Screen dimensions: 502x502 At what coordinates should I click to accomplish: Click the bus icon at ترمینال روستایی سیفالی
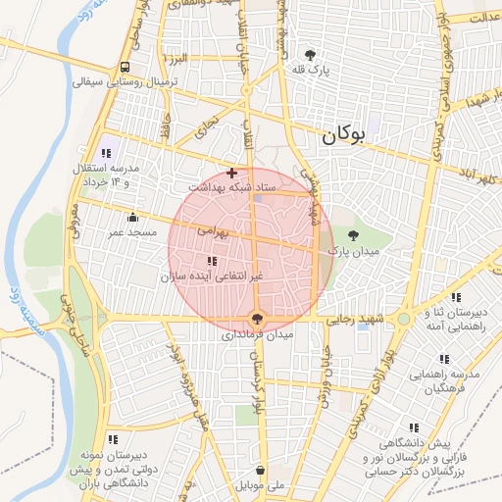click(125, 67)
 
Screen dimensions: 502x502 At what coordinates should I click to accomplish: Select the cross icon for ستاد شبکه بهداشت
click(231, 173)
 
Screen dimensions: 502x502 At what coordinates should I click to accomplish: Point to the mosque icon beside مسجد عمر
click(132, 218)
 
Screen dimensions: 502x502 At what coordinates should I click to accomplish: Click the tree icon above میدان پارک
click(353, 233)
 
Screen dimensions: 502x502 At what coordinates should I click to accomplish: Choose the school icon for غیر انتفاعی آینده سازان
click(213, 261)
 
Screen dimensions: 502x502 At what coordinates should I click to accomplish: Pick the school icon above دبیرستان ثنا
click(455, 297)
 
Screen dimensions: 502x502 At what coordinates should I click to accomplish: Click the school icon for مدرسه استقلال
click(107, 153)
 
